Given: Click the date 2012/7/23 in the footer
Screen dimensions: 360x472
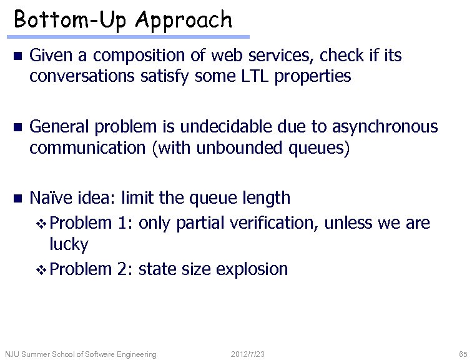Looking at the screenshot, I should (248, 354).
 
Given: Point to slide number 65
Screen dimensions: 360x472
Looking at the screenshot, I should (463, 354).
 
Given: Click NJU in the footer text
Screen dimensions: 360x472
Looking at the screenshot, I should (12, 354).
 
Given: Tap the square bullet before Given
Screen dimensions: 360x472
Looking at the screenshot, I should (17, 57).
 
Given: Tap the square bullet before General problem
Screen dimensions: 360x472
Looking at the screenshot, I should (17, 127).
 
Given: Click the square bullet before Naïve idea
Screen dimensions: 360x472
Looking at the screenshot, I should (17, 199).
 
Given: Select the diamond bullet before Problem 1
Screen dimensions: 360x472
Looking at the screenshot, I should (42, 222).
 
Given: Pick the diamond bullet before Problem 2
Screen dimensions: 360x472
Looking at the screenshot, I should (42, 270).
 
